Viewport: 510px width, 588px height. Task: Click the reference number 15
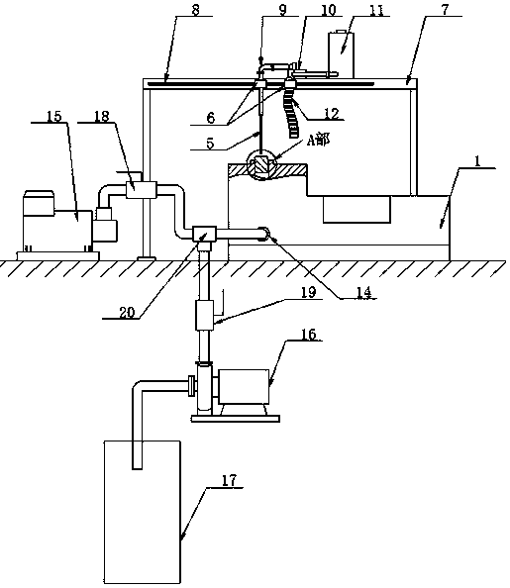click(x=54, y=116)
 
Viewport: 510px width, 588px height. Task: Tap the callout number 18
click(x=101, y=116)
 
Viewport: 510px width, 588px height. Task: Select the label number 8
click(x=195, y=10)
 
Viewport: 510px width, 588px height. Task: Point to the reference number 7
click(x=445, y=10)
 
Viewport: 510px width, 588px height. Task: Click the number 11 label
click(x=377, y=10)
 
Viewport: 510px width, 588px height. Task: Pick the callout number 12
click(x=332, y=113)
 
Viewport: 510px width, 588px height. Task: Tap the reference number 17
click(x=230, y=480)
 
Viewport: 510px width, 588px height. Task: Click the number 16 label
click(x=309, y=335)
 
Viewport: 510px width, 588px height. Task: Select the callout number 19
click(x=309, y=292)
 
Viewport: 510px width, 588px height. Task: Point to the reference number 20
click(x=127, y=312)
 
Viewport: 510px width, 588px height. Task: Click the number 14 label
click(x=363, y=292)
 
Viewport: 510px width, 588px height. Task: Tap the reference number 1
click(x=477, y=161)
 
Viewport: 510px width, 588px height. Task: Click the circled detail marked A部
click(x=260, y=165)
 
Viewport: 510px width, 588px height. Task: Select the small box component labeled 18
click(x=141, y=189)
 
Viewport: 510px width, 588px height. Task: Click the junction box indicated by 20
click(x=204, y=234)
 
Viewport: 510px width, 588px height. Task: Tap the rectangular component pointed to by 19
click(x=205, y=315)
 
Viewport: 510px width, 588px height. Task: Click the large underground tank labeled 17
click(x=142, y=512)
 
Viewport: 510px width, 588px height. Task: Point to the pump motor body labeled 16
click(x=244, y=387)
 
